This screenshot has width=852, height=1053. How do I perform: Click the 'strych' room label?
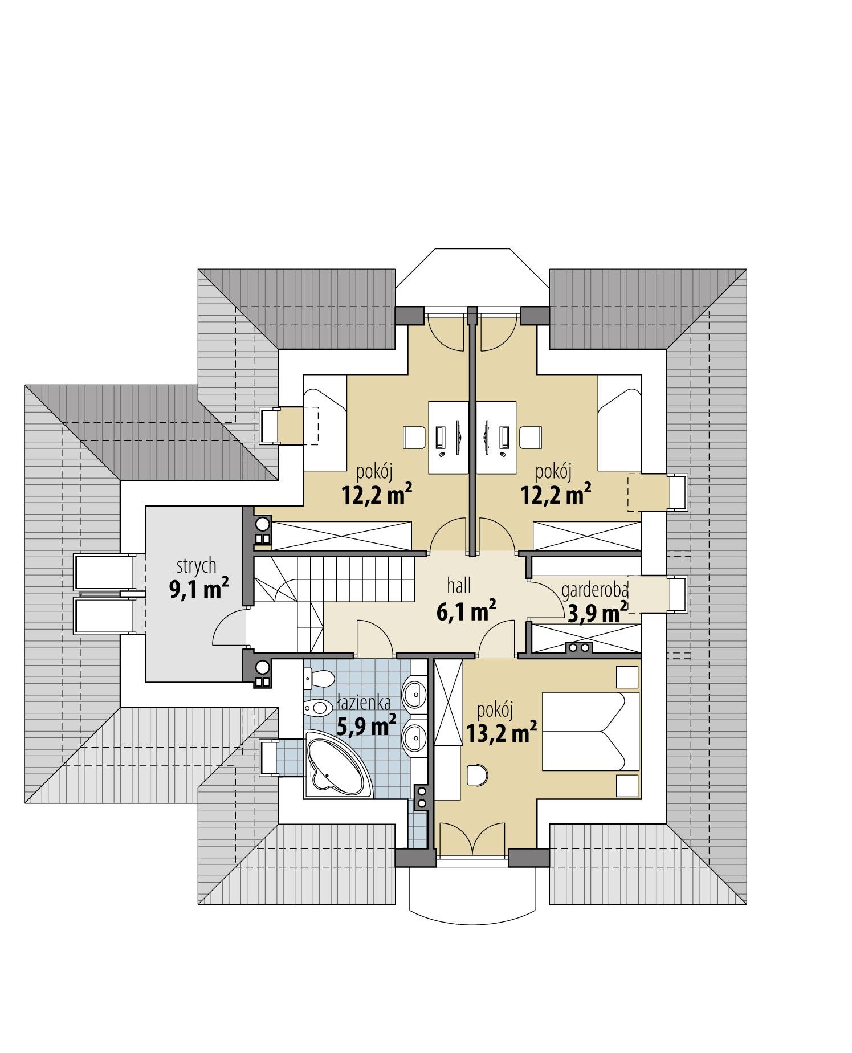click(197, 566)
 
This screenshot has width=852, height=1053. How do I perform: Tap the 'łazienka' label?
click(364, 703)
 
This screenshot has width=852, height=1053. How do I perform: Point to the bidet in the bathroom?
click(318, 708)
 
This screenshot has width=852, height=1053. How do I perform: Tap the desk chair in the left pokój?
click(414, 437)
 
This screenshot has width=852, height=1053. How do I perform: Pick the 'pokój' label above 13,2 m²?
click(495, 710)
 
